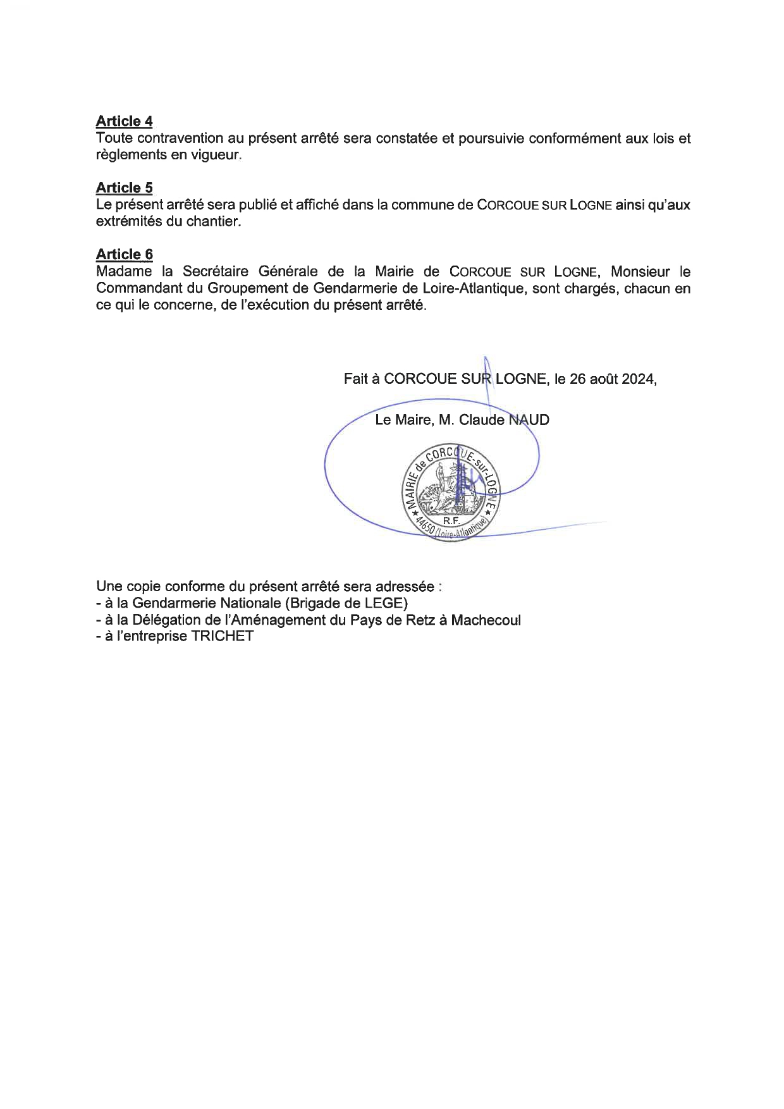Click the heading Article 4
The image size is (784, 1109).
click(x=124, y=121)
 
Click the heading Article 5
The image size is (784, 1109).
click(x=124, y=188)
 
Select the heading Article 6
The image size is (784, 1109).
click(x=124, y=254)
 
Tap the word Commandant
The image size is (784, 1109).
click(x=135, y=289)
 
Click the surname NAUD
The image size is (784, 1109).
click(x=529, y=420)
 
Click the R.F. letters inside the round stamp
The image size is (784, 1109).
click(x=450, y=521)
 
